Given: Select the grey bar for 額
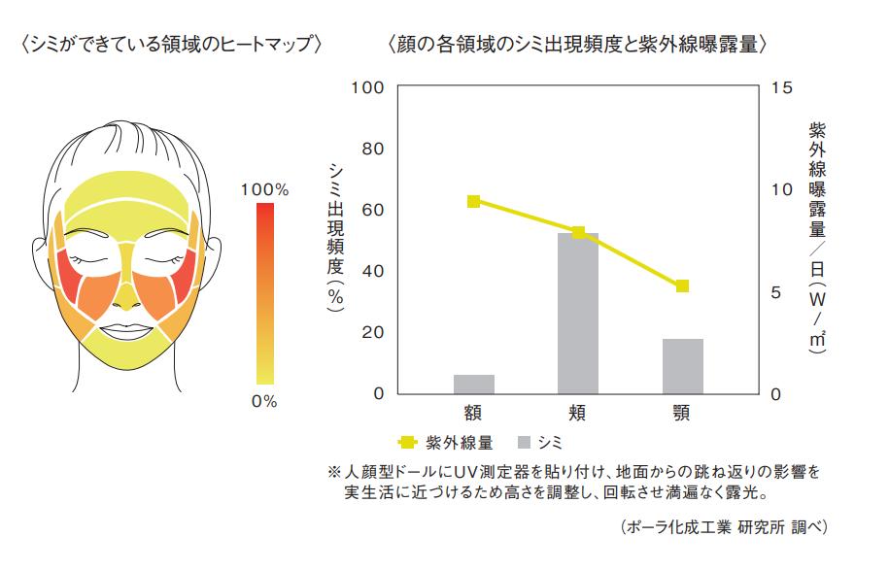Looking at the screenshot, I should [473, 384].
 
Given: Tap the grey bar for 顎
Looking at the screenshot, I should [683, 366].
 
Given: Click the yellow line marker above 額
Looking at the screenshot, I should [473, 201].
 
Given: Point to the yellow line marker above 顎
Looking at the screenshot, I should [683, 285].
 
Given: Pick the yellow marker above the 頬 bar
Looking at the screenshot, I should [579, 232].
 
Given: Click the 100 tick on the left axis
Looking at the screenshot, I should [372, 88].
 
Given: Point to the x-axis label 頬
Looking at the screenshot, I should [578, 413].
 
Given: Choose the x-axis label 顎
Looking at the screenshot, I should [682, 413].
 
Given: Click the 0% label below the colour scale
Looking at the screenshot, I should [264, 401].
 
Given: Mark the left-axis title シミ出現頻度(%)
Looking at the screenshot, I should [336, 238].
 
